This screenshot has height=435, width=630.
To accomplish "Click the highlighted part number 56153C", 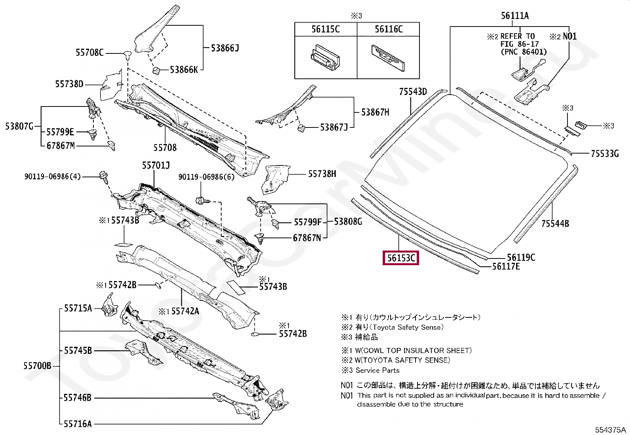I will coord(401,258).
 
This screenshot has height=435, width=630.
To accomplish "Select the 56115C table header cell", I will coord(325,29).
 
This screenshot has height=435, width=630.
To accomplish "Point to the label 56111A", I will coord(514,16).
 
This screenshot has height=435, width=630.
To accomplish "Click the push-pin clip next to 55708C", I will coord(127,54).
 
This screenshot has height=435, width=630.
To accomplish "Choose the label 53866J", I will coord(225,48).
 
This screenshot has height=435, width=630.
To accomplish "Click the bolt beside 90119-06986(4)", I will coord(104,177).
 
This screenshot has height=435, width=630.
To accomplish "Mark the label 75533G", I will coord(604,154).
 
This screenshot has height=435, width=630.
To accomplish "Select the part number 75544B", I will coord(555,224).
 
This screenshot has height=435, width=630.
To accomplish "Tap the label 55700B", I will coord(37,366).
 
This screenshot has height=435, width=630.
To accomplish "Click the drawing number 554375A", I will coord(610,430).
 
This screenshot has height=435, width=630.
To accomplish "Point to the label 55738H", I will coord(322,174).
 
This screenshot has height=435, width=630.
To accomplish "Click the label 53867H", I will coord(375,112).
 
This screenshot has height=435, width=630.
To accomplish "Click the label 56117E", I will coord(506,267).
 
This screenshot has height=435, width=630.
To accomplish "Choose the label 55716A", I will coord(78,424).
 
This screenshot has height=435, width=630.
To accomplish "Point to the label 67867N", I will coord(307,238).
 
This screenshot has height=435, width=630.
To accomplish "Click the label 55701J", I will coord(156,165).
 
